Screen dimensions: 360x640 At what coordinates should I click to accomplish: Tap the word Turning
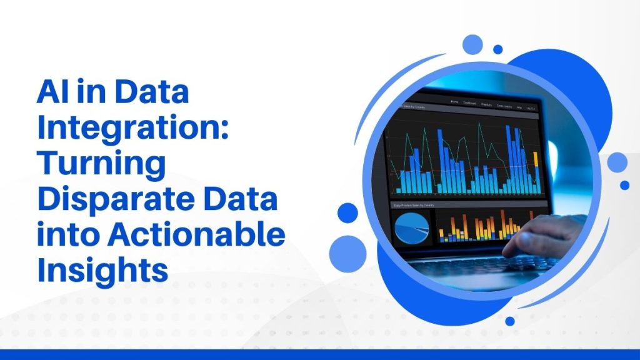coord(102,166)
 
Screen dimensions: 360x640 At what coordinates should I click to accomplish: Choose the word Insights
coord(102,272)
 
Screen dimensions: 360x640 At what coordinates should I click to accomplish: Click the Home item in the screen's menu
coord(454,101)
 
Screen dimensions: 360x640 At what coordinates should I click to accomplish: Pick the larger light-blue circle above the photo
coord(473,44)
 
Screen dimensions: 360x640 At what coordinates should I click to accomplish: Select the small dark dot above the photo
coord(498,49)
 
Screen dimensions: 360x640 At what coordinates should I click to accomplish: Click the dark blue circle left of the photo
coord(347,212)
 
